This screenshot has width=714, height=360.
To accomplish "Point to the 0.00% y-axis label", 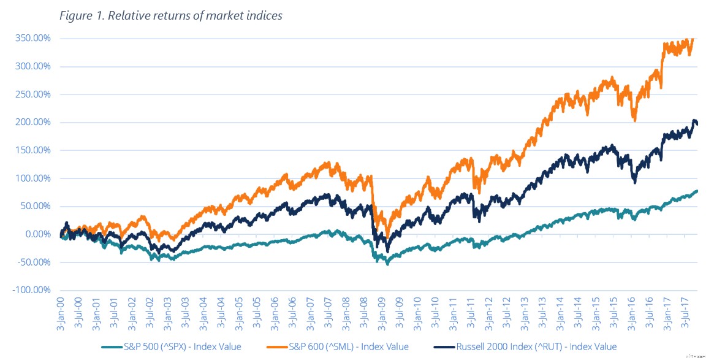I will tap(34, 234).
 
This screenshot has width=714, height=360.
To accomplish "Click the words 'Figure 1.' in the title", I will tap(80, 16).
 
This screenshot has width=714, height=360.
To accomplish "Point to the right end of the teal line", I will tap(697, 191).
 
